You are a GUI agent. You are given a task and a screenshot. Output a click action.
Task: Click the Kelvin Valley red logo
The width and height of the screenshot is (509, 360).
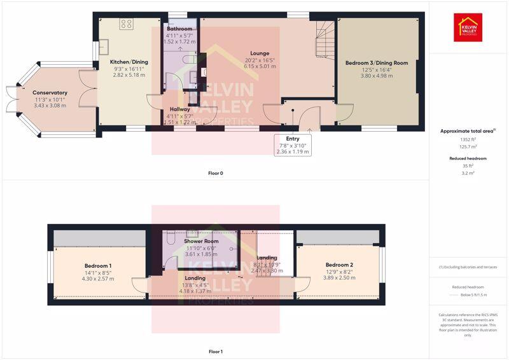click(x=468, y=27)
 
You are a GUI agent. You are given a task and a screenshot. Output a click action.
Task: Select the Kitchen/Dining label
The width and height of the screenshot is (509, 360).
click(x=129, y=62)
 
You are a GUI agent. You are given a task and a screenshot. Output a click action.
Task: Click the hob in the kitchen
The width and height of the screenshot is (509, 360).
click(x=126, y=24)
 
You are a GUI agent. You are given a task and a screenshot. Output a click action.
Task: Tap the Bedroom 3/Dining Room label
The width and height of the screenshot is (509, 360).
click(x=377, y=63)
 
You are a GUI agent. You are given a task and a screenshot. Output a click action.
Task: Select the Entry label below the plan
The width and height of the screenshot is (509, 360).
click(x=293, y=139)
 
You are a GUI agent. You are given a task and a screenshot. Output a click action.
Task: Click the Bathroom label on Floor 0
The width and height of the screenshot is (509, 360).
click(x=179, y=29)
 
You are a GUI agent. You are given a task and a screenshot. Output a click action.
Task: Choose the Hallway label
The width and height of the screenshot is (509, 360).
click(x=176, y=109)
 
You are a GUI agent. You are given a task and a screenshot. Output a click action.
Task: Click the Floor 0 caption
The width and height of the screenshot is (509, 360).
click(x=216, y=173)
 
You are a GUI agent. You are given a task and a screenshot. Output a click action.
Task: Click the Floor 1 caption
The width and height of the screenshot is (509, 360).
click(x=216, y=351)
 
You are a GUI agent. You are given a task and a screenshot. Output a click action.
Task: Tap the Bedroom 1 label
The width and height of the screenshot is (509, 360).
click(x=98, y=265)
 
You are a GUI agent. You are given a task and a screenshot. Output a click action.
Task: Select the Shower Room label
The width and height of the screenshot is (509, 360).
click(x=201, y=242)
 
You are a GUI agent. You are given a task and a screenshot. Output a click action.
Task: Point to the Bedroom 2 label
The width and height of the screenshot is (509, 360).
click(x=338, y=265)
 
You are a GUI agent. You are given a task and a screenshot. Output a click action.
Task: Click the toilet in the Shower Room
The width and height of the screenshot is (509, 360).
click(x=170, y=239)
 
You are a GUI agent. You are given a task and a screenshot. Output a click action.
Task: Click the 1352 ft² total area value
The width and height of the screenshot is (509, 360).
click(x=468, y=139)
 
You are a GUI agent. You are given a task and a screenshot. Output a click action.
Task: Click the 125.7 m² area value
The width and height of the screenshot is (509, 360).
click(x=468, y=148)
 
